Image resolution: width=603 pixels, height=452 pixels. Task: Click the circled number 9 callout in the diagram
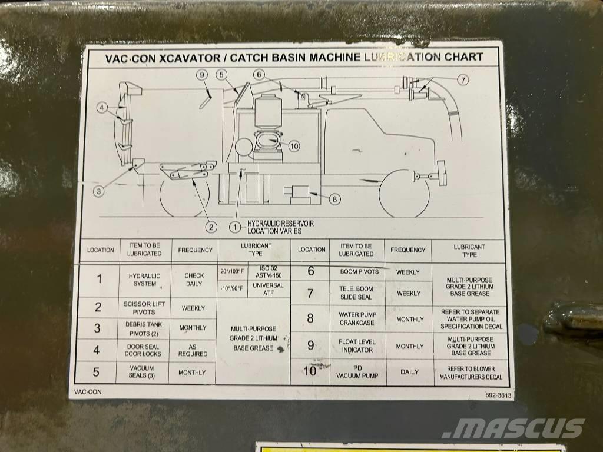click(201, 75)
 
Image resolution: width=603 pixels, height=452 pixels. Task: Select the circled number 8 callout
click(334, 199)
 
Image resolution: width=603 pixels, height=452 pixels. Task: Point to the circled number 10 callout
click(294, 146)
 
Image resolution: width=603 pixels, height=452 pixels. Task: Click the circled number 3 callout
click(98, 190)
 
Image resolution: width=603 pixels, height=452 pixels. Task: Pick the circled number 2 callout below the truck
click(210, 226)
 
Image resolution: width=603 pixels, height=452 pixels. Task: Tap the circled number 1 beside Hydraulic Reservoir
click(236, 226)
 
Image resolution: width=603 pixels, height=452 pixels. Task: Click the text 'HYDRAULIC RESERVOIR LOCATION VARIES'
click(280, 227)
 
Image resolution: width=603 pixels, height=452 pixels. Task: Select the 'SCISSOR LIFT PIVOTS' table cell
click(144, 307)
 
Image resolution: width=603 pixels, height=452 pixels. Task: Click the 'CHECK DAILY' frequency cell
click(194, 279)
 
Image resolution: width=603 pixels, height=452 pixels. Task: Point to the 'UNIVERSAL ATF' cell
click(268, 288)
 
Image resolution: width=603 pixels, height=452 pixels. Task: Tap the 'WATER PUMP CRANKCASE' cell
click(357, 318)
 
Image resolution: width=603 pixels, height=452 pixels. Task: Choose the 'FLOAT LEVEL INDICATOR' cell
click(357, 345)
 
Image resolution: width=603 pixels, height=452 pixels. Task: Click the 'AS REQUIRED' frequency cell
click(193, 350)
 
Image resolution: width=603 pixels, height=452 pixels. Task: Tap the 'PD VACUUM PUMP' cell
click(357, 371)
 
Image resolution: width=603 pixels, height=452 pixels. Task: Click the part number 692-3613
click(498, 395)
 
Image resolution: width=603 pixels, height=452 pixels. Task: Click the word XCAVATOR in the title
click(190, 57)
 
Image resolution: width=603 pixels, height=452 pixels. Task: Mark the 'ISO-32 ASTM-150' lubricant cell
click(268, 271)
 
